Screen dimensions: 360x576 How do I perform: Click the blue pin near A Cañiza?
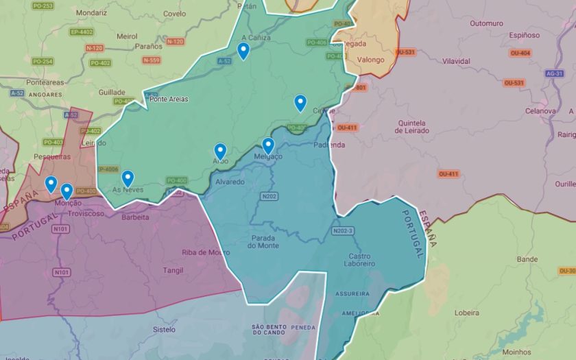[x=243, y=51]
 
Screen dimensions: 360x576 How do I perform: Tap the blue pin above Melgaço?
[x=268, y=145]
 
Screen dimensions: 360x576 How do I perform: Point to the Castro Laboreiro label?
[x=358, y=259]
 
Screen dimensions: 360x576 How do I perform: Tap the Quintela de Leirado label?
[x=411, y=128]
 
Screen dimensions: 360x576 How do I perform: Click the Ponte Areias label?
[x=169, y=99]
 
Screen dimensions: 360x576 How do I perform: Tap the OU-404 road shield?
[x=520, y=53]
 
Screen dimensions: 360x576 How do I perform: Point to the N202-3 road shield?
[x=342, y=231]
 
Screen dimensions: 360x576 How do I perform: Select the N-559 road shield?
[x=152, y=60]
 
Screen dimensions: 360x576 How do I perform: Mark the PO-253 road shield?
[x=43, y=5]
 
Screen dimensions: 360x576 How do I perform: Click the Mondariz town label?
[x=91, y=13]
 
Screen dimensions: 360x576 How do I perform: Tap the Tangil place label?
[x=173, y=270]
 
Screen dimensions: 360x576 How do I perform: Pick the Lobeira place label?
[x=466, y=313]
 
